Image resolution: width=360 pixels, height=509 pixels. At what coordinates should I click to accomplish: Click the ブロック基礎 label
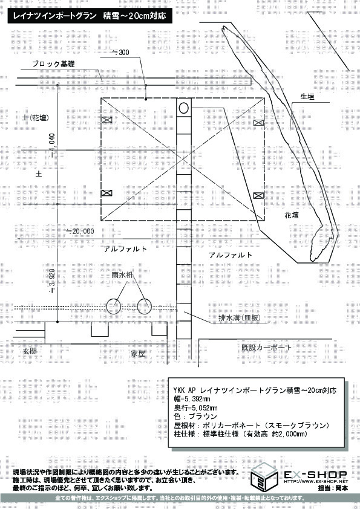[53, 64]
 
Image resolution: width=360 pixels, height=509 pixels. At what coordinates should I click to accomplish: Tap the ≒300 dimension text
[121, 52]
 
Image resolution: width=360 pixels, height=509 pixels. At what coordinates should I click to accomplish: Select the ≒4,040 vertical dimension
[52, 146]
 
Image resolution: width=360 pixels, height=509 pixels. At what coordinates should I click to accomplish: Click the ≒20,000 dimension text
[80, 231]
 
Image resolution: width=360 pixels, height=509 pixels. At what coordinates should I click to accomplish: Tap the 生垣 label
[307, 96]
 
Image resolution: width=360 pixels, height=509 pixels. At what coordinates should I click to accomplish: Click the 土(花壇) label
[36, 117]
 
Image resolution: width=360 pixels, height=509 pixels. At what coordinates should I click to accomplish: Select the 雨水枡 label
[122, 275]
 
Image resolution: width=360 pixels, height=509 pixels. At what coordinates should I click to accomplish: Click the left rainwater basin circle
[114, 306]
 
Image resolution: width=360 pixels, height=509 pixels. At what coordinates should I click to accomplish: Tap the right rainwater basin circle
[144, 306]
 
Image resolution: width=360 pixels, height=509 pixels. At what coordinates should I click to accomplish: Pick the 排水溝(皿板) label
[240, 318]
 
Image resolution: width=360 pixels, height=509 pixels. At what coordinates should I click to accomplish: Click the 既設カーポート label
[267, 348]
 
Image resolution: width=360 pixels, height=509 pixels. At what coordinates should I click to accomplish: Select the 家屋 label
[138, 354]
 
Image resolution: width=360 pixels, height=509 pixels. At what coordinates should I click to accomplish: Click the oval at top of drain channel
[183, 108]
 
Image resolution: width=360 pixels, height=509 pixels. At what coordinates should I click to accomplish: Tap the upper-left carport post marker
[106, 120]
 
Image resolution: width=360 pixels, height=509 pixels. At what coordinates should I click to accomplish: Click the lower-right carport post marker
[258, 195]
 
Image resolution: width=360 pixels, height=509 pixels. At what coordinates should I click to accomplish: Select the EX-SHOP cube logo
[264, 476]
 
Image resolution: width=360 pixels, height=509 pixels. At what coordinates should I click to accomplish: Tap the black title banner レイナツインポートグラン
[90, 16]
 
